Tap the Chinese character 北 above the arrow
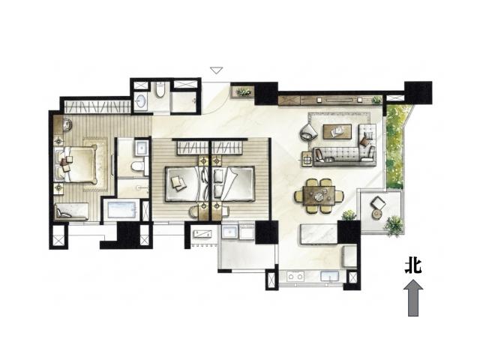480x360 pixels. [x=413, y=266]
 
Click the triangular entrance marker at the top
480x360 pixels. [x=217, y=70]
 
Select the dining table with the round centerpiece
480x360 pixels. [x=319, y=196]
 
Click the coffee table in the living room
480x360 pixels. [x=337, y=132]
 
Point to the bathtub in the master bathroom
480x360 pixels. [x=121, y=209]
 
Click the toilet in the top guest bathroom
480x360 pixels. [x=160, y=90]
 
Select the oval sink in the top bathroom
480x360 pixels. [x=141, y=100]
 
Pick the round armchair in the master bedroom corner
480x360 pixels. [x=67, y=124]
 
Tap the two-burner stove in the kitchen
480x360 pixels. [x=295, y=277]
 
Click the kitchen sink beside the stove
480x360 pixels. [x=329, y=277]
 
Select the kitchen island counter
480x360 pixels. [x=319, y=234]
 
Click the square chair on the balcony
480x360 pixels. [x=378, y=202]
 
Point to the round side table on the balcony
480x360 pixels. [x=376, y=214]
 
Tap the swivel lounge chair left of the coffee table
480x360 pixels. [x=309, y=132]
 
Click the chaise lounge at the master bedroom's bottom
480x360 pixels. [x=72, y=211]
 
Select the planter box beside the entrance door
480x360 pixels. [x=243, y=91]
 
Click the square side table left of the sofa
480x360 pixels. [x=307, y=159]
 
